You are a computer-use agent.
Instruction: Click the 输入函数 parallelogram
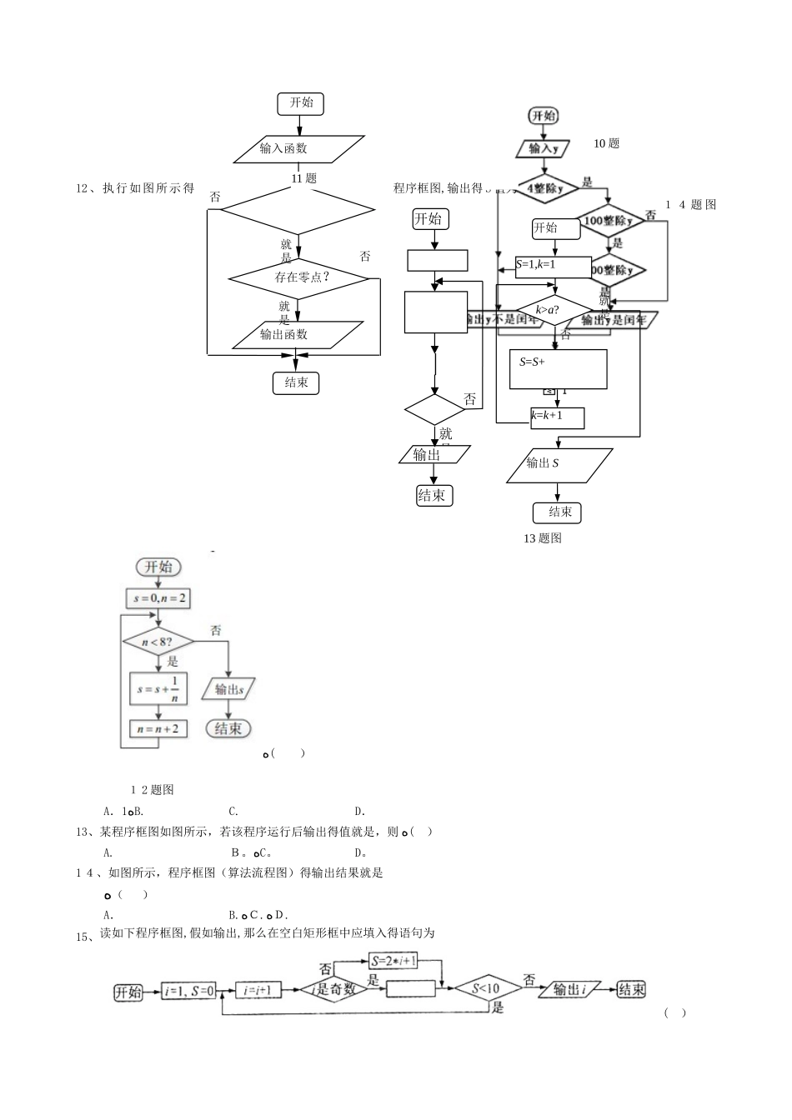click(x=298, y=148)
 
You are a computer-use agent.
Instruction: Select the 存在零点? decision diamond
click(x=298, y=277)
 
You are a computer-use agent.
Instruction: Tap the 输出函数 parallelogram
click(x=298, y=334)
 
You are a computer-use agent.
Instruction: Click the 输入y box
click(x=543, y=148)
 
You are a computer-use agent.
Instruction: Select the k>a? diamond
click(x=548, y=310)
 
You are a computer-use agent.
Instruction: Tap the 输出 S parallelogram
click(x=559, y=465)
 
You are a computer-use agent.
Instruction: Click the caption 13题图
click(x=543, y=538)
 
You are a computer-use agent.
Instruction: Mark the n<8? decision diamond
click(x=158, y=642)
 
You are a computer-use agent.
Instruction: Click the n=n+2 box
click(x=158, y=728)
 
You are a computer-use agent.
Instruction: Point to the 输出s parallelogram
click(x=228, y=689)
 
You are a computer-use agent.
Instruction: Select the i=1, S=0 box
click(x=189, y=991)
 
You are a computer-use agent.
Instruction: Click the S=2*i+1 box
click(x=404, y=961)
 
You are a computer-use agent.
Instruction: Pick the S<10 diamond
click(x=486, y=989)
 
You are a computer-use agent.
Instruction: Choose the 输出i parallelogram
click(x=570, y=989)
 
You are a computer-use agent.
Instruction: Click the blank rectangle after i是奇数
click(x=411, y=989)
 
